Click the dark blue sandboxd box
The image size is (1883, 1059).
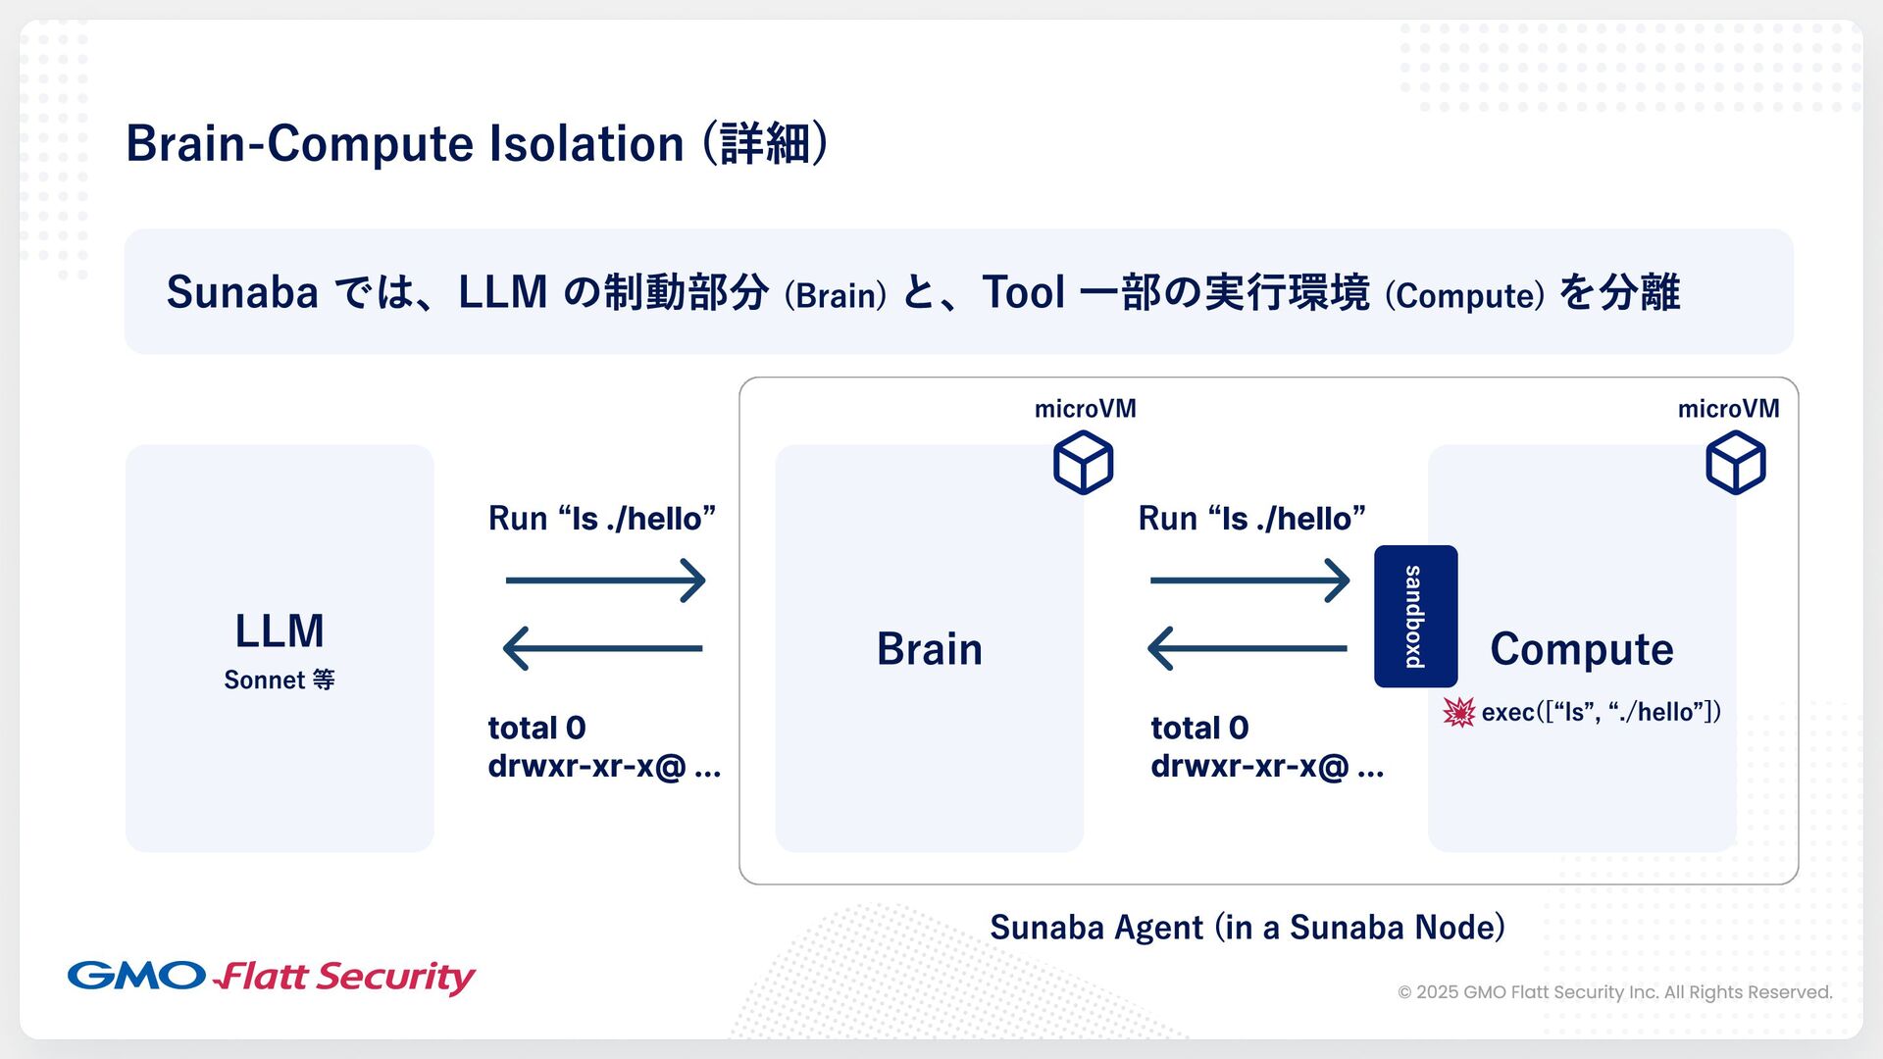pos(1415,616)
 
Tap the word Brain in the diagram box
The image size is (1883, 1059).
pos(929,649)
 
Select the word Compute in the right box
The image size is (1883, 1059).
pos(1581,649)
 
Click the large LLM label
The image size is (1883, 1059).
pos(280,630)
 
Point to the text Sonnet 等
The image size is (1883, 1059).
pos(280,680)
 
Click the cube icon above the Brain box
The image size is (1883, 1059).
pos(1083,463)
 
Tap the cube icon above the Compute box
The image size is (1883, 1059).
pos(1735,463)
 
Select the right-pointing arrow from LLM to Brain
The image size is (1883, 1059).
pos(605,580)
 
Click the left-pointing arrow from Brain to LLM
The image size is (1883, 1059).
pos(603,648)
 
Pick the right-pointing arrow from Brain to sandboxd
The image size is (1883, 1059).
pos(1249,580)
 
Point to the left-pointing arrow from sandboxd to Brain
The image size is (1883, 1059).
pos(1247,648)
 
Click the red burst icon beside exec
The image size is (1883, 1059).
pos(1458,712)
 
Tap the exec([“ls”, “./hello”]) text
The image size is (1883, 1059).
pos(1601,712)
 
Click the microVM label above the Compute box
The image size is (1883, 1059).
pos(1728,409)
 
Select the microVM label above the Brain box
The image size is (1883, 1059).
pos(1085,409)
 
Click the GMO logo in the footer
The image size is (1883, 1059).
pos(136,976)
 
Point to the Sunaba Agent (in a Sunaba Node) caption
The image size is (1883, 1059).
pos(1247,927)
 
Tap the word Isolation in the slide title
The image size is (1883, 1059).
pos(585,144)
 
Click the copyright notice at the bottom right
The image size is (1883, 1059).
pos(1614,992)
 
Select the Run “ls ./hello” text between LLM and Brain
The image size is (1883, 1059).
pos(601,518)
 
